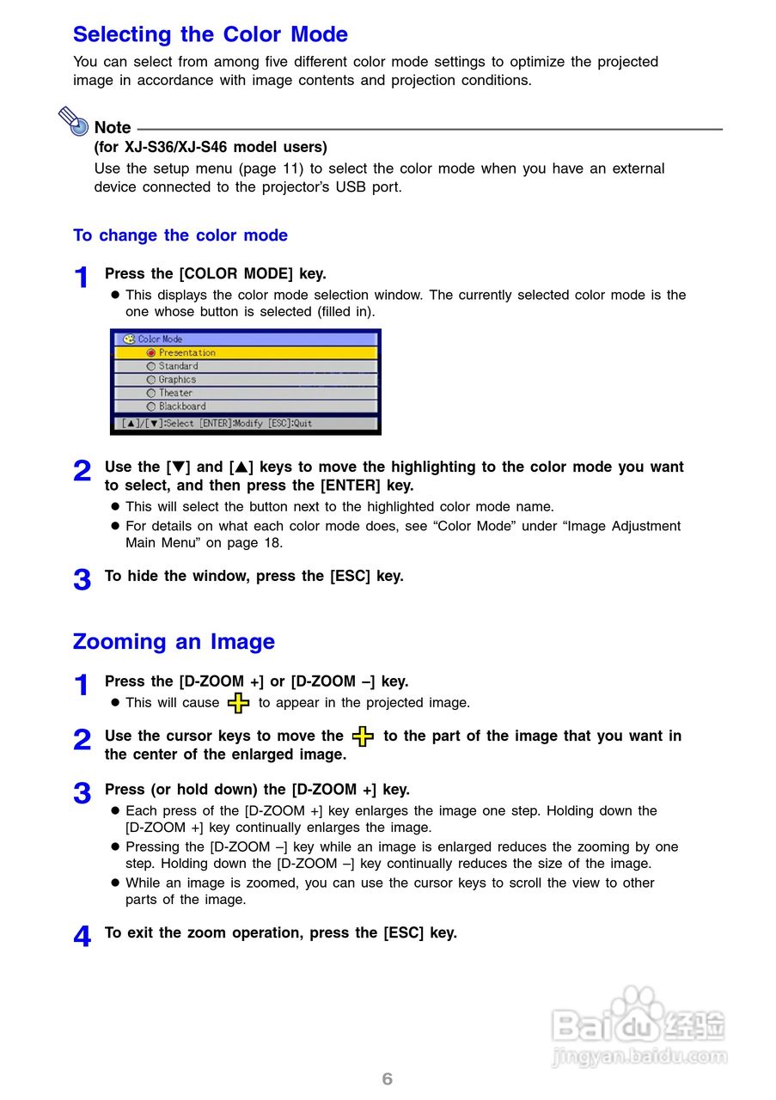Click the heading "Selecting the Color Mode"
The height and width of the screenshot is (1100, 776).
tap(211, 34)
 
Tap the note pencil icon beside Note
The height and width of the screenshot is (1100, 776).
tap(74, 121)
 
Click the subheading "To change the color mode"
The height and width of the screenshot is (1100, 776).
tap(180, 235)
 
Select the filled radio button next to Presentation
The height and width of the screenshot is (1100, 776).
tap(151, 352)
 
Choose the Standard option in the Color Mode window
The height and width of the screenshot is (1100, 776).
tap(178, 366)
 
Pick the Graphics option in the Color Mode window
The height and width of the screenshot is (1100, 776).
tap(177, 380)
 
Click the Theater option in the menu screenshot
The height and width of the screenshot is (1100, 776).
tap(175, 393)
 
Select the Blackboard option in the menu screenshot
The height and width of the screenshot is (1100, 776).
tap(181, 406)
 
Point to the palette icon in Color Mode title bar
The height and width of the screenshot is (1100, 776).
tap(129, 339)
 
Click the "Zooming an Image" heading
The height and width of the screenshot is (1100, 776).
tap(174, 642)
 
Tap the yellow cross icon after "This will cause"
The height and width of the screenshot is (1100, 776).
tap(239, 704)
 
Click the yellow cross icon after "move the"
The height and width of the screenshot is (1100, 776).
tap(364, 736)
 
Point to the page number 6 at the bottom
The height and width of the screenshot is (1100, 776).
tap(388, 1079)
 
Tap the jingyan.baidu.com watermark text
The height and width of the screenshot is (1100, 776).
tap(639, 1056)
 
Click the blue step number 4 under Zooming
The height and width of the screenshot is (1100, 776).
tap(82, 937)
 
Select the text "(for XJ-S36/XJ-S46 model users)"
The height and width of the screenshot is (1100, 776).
tap(211, 147)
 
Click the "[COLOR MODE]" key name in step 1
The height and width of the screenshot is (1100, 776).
tap(236, 274)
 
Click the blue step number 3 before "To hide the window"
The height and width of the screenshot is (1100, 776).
tap(82, 580)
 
